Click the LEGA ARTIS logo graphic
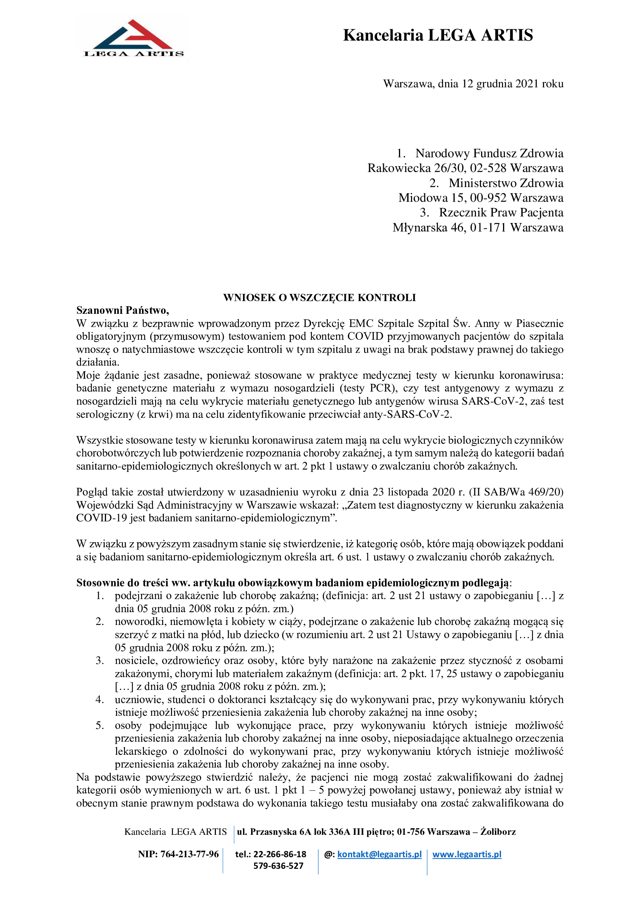[132, 39]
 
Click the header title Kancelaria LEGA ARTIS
[438, 36]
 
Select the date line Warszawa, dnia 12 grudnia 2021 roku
[473, 84]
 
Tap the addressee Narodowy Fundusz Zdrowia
[489, 153]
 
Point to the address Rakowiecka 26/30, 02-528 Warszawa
[465, 168]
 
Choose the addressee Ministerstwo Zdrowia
[506, 183]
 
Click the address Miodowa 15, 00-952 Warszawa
[481, 197]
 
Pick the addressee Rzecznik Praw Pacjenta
[501, 213]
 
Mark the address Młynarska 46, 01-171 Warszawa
[477, 228]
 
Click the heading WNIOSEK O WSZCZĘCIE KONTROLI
[320, 298]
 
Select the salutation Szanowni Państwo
[123, 310]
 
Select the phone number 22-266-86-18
[279, 854]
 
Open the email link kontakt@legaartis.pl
[379, 854]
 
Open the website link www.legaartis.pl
[467, 854]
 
